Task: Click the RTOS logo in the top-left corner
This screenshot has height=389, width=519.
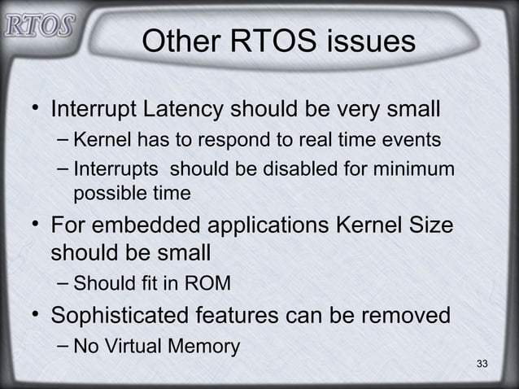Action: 38,25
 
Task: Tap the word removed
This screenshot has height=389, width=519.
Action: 401,315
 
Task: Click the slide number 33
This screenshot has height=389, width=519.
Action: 482,362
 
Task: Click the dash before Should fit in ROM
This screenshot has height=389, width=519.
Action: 64,284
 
